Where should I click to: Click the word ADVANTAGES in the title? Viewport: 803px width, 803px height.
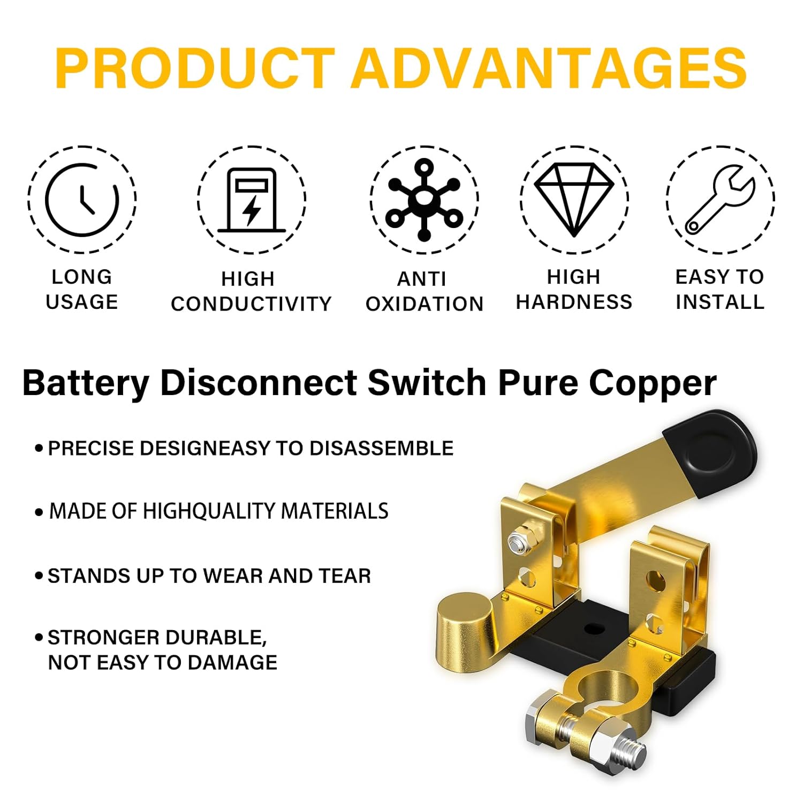pyautogui.click(x=549, y=69)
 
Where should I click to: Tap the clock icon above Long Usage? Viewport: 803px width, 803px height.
pyautogui.click(x=82, y=200)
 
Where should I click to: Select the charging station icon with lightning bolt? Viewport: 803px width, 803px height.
pyautogui.click(x=252, y=200)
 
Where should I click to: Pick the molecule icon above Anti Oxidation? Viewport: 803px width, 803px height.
pyautogui.click(x=424, y=200)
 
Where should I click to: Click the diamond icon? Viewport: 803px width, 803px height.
pyautogui.click(x=574, y=199)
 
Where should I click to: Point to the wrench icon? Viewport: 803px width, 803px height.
pyautogui.click(x=720, y=200)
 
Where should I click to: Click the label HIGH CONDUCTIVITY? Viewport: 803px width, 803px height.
pyautogui.click(x=251, y=291)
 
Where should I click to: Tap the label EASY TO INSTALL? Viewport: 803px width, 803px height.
pyautogui.click(x=720, y=290)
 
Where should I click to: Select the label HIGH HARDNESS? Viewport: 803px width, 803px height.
pyautogui.click(x=574, y=290)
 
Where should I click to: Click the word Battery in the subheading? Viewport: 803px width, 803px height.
pyautogui.click(x=86, y=384)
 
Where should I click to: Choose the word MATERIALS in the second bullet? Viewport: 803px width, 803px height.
pyautogui.click(x=335, y=511)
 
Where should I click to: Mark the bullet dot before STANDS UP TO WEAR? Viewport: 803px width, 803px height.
pyautogui.click(x=39, y=577)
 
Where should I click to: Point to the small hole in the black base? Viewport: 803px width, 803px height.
pyautogui.click(x=592, y=627)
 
